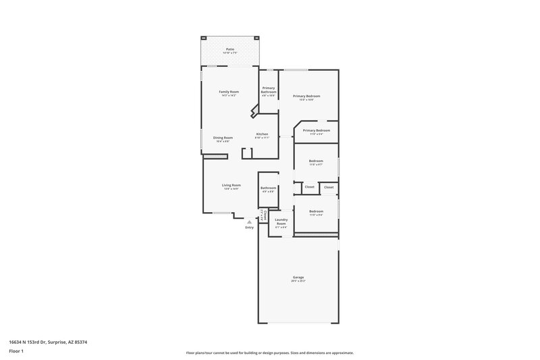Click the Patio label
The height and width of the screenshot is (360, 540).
tap(230, 49)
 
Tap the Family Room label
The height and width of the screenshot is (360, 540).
tap(229, 92)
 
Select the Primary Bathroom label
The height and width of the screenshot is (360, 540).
tap(269, 90)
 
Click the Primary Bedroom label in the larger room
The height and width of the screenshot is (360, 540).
tap(306, 96)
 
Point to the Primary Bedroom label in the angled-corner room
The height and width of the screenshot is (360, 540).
tap(316, 130)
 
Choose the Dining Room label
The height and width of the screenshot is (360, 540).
tap(223, 138)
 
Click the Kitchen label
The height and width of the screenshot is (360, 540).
tap(262, 134)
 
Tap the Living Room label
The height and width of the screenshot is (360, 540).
tap(232, 185)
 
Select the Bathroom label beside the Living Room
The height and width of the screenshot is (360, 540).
tap(269, 188)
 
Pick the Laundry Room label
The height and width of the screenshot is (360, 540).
tap(281, 222)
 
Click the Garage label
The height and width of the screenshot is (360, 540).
tap(298, 277)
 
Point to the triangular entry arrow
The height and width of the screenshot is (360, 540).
tap(250, 221)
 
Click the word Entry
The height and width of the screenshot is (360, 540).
tap(250, 227)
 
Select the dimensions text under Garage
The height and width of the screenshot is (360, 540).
tap(298, 281)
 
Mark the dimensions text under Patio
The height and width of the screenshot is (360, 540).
tap(230, 53)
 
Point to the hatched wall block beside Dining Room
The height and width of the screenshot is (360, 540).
tap(214, 157)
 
